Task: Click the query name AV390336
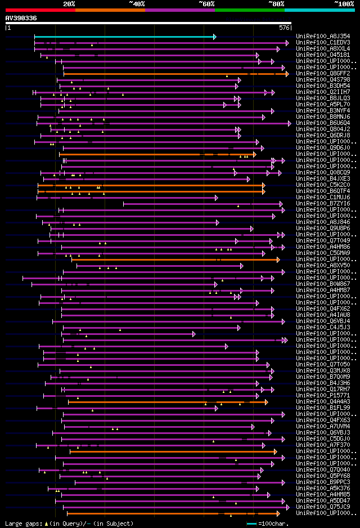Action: tap(21, 18)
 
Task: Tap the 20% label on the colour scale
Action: tap(69, 3)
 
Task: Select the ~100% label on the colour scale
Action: tap(344, 3)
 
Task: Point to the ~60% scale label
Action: tap(206, 3)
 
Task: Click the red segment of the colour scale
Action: tap(40, 10)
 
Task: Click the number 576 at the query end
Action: tap(284, 27)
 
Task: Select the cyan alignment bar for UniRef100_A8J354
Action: tap(124, 37)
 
